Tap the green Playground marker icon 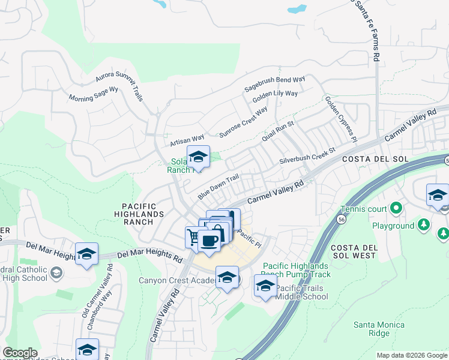pos(424,226)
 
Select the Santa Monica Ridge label pos(379,329)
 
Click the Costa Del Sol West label pos(353,254)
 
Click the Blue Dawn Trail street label pos(218,187)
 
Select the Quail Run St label pos(277,131)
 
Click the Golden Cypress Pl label pos(341,118)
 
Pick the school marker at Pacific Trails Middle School pos(265,286)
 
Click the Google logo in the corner pos(20,353)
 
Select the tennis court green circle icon pos(396,209)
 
